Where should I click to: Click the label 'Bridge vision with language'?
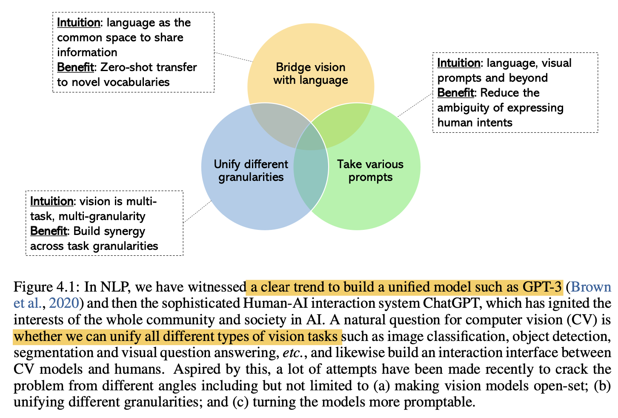pos(311,74)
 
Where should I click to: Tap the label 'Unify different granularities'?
pos(251,170)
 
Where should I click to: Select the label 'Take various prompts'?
pos(370,170)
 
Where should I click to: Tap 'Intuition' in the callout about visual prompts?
pos(458,63)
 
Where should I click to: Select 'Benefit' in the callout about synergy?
pos(49,231)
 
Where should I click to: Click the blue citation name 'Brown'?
pos(591,287)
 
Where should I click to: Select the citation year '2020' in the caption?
pos(64,303)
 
